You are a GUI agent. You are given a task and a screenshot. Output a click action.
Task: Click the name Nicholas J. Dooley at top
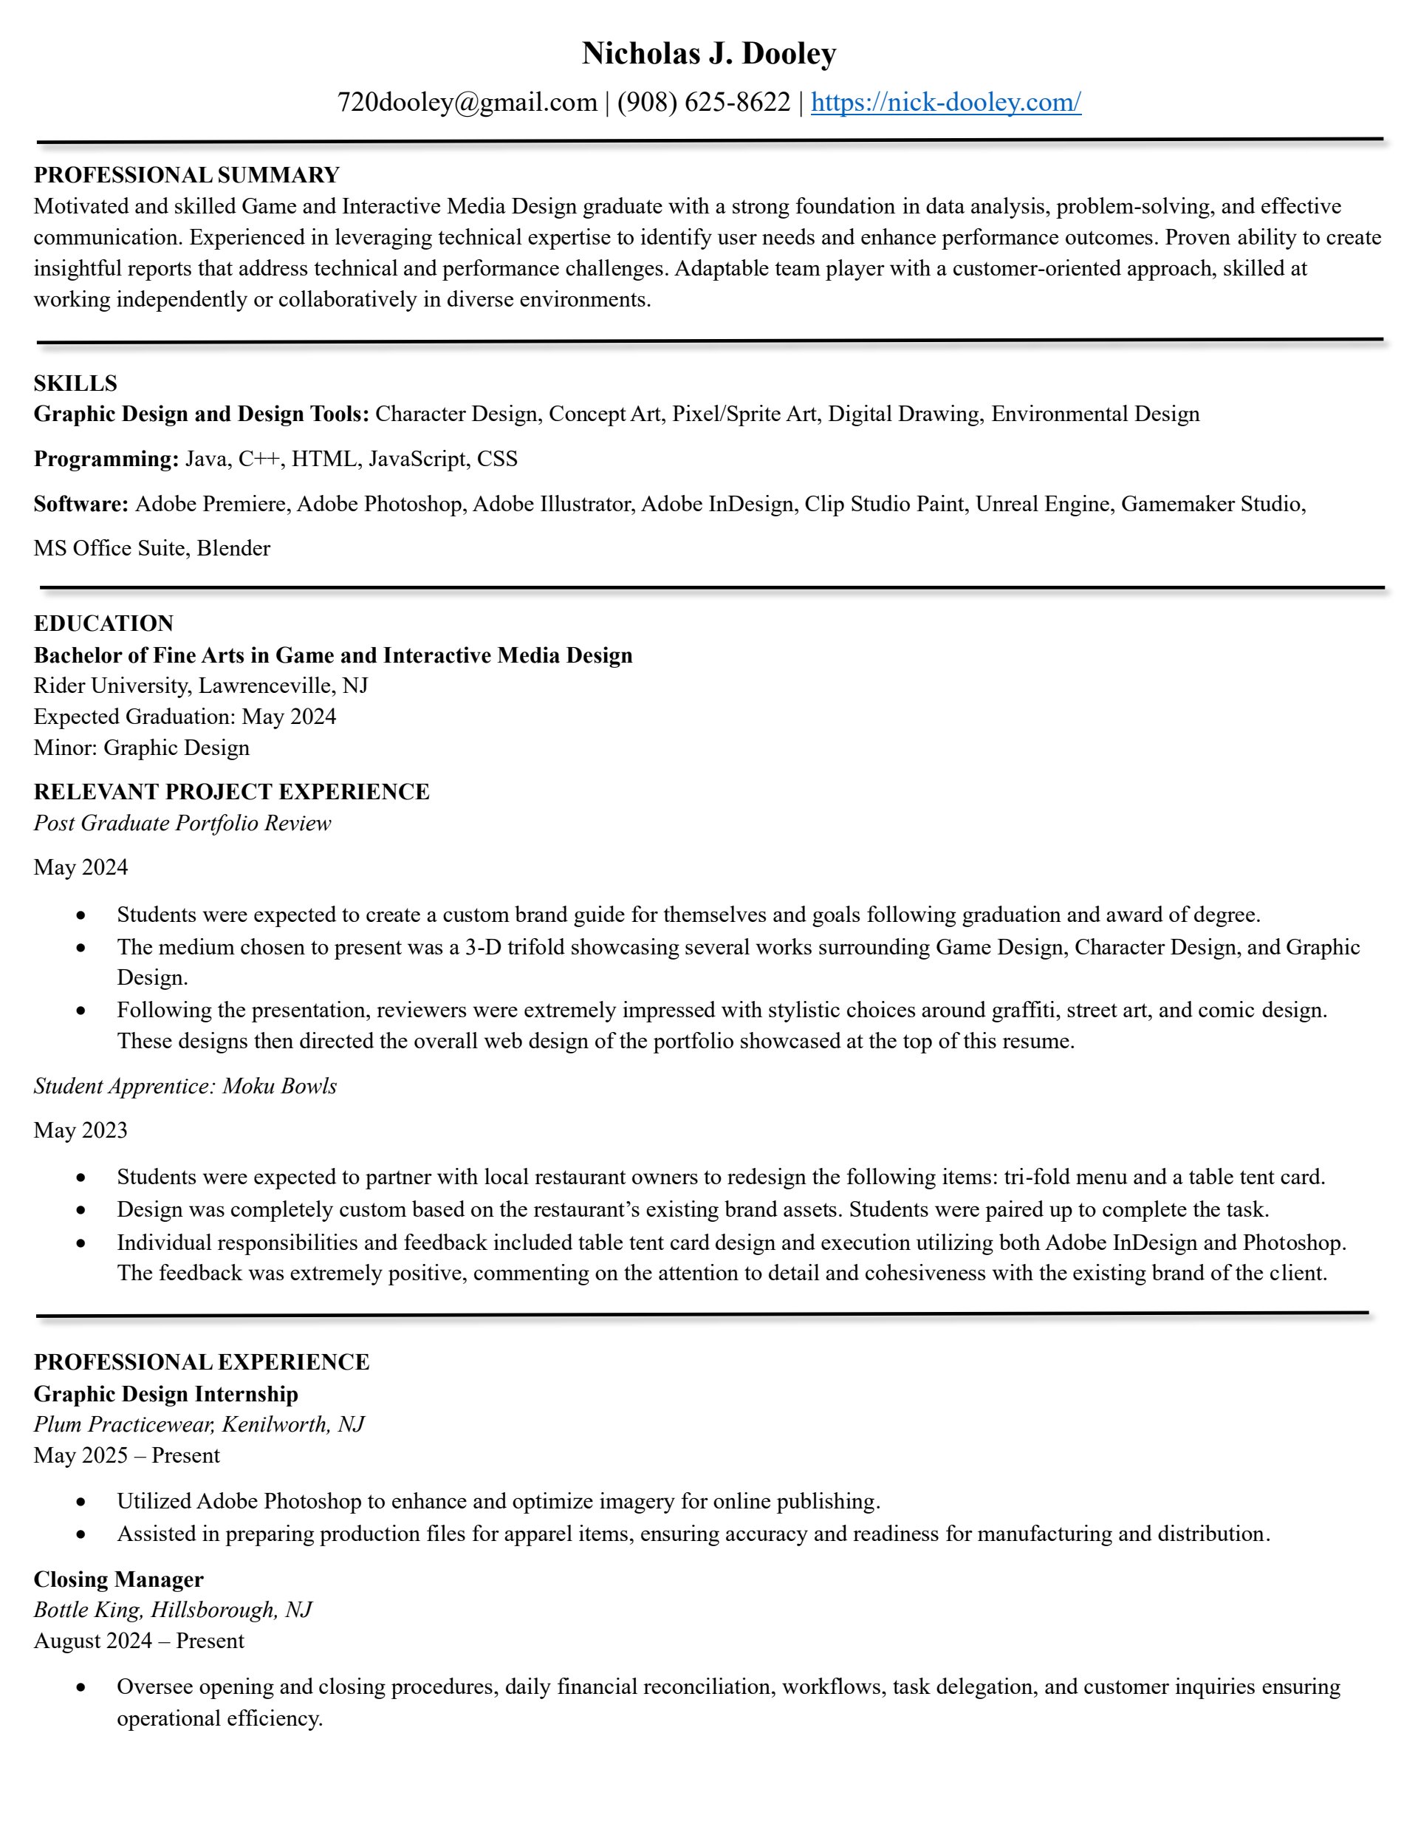click(708, 54)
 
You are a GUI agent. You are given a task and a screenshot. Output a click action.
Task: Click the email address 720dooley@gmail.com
click(466, 103)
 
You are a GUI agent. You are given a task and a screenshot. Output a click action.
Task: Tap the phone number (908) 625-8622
click(703, 103)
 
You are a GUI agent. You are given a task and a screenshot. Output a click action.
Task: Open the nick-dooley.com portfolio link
click(945, 103)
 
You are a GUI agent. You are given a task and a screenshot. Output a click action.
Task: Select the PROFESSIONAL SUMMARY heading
click(187, 175)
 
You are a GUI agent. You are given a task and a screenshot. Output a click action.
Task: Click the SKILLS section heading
click(75, 383)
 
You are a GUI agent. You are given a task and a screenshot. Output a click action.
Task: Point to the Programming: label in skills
click(106, 459)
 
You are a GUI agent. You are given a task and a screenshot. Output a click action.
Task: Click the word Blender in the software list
click(233, 548)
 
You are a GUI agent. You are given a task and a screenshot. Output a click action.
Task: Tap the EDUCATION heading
click(103, 623)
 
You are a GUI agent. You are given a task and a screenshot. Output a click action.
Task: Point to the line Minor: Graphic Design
click(141, 748)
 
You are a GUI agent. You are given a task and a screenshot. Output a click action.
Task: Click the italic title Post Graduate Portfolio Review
click(182, 824)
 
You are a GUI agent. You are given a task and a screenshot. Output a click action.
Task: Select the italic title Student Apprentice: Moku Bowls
click(185, 1087)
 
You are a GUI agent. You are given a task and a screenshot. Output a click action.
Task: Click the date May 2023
click(81, 1130)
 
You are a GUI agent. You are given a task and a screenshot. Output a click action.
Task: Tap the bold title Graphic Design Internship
click(165, 1394)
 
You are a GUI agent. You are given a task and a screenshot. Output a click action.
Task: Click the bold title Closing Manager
click(118, 1579)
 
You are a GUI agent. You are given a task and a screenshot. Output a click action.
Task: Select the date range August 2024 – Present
click(139, 1641)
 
